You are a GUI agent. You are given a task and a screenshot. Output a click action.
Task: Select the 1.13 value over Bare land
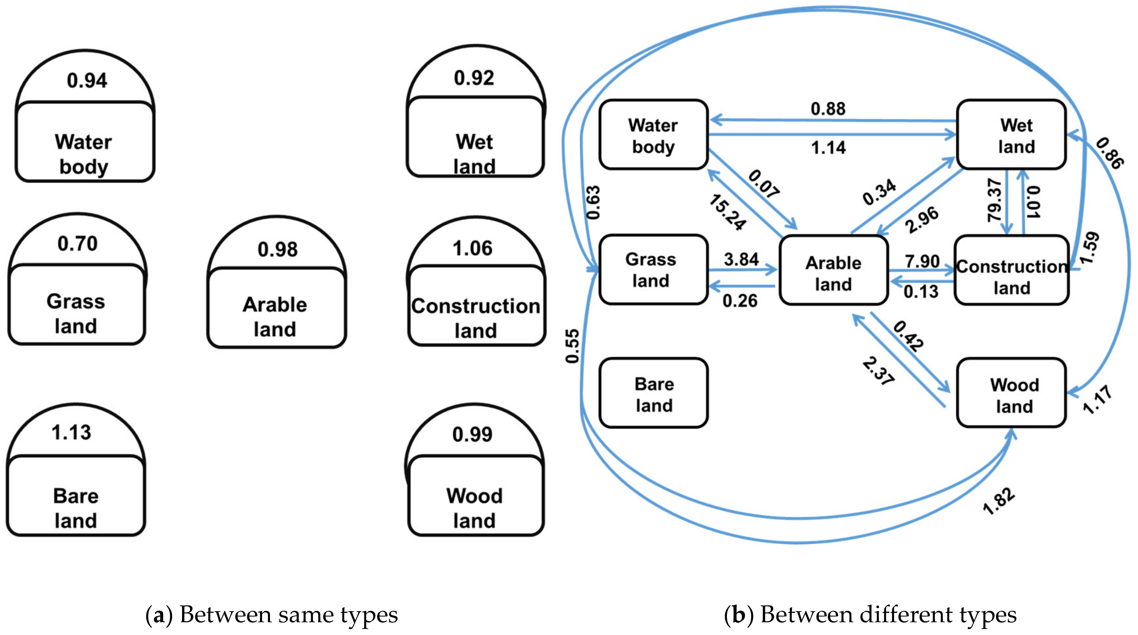(71, 432)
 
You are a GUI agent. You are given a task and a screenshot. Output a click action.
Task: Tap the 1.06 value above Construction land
(472, 248)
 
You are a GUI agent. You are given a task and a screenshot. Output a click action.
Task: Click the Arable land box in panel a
(276, 308)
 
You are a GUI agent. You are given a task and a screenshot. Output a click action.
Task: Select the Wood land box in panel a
(475, 496)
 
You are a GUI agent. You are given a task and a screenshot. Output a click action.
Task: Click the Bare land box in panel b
(653, 393)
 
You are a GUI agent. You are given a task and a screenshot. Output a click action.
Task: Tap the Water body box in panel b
(653, 135)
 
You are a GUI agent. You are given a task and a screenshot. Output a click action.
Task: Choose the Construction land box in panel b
(1011, 270)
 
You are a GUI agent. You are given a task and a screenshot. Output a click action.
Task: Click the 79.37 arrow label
(994, 200)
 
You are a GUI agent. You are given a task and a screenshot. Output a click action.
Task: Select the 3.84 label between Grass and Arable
(741, 259)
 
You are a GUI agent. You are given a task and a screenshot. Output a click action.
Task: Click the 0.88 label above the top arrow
(828, 109)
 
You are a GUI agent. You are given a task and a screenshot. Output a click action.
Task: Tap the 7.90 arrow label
(922, 261)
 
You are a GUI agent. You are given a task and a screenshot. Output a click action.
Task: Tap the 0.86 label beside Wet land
(1109, 153)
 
